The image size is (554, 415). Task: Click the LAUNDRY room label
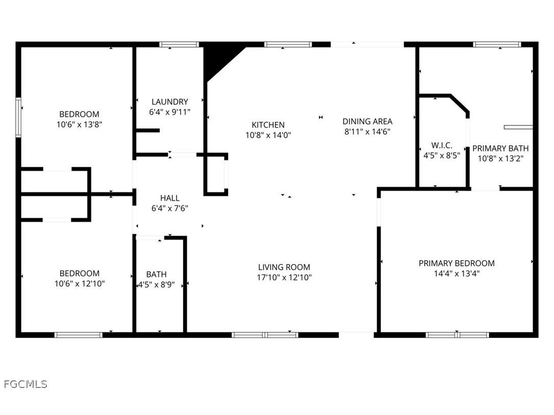tap(169, 102)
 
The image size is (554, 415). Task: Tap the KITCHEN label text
tap(268, 125)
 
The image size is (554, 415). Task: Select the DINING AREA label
tap(367, 121)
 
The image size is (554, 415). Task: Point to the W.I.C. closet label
tap(442, 146)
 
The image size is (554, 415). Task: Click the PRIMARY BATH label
tap(500, 148)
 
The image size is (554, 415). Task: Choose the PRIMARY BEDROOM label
tap(457, 264)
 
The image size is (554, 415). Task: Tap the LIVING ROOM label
tap(284, 267)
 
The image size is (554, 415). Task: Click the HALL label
tap(170, 198)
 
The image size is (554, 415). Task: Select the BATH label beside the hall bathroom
tap(156, 274)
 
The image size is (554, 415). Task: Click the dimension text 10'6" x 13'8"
tap(79, 124)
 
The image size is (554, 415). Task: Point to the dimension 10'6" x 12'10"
tap(80, 283)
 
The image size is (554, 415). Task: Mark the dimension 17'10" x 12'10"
tap(284, 278)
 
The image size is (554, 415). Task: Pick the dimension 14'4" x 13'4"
tap(457, 274)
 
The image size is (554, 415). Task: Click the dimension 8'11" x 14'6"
tap(367, 132)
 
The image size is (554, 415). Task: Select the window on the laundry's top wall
tap(179, 45)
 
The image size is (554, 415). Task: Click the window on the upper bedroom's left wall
tap(18, 118)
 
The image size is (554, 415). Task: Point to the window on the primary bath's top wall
tap(497, 45)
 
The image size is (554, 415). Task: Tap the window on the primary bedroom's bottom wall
tap(457, 335)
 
